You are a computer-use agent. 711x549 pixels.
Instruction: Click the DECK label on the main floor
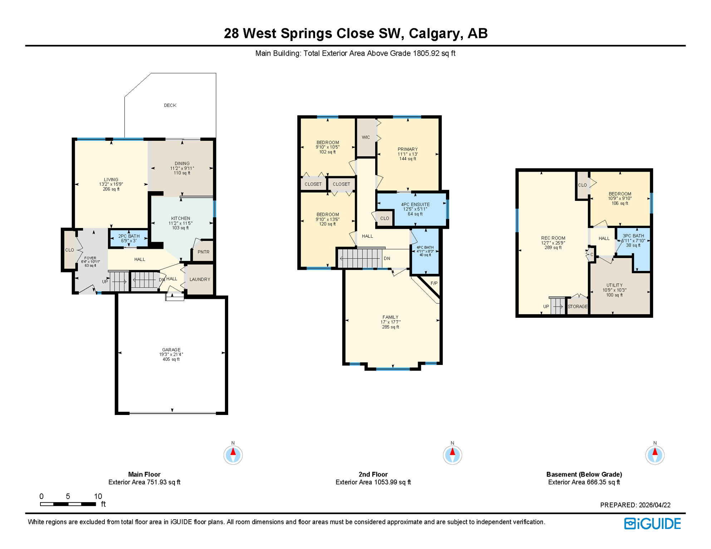(x=170, y=105)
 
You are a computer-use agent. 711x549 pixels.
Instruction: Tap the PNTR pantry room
(x=204, y=252)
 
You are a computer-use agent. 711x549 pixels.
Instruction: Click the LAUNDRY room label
(x=200, y=280)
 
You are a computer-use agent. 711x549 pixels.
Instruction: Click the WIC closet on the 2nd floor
(x=366, y=137)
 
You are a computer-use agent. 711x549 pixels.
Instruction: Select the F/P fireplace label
(x=434, y=283)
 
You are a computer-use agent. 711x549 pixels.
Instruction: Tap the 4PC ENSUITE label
(x=415, y=205)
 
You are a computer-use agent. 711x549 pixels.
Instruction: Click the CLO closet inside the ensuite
(x=384, y=218)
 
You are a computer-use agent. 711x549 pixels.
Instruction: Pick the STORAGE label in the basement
(x=577, y=307)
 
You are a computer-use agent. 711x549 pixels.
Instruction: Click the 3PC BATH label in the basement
(x=633, y=236)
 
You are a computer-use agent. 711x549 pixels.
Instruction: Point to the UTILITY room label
(x=614, y=286)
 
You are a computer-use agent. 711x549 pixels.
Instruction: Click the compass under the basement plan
(x=654, y=455)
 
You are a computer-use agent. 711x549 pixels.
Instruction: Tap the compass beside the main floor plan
(x=233, y=455)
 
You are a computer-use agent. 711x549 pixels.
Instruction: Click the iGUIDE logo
(x=652, y=524)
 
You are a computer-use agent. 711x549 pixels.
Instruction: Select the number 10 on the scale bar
(x=98, y=496)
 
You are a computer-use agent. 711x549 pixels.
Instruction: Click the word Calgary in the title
(x=434, y=33)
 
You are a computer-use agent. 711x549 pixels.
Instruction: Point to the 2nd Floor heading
(x=373, y=474)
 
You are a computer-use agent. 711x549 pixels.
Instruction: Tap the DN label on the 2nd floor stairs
(x=387, y=258)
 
